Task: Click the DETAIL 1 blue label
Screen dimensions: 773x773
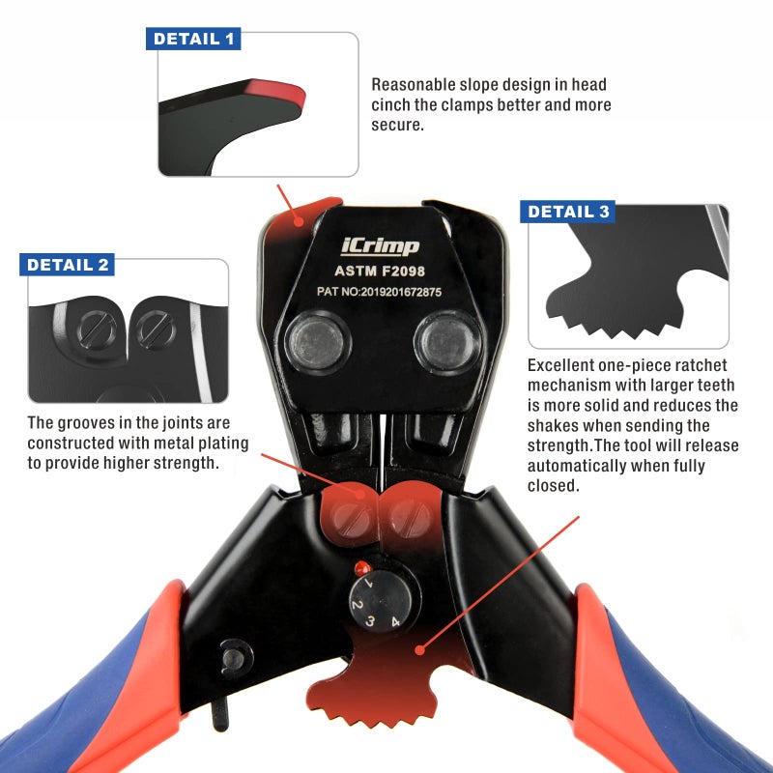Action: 193,39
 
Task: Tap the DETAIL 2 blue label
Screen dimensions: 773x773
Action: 67,265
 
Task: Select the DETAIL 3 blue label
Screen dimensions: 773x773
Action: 567,212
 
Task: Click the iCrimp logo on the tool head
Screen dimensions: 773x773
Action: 380,246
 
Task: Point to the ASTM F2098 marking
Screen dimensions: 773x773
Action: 380,272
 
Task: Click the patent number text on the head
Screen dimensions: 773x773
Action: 379,292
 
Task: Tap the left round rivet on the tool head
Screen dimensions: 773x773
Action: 316,342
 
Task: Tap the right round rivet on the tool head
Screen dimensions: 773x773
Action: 447,342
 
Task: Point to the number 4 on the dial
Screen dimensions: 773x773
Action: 395,621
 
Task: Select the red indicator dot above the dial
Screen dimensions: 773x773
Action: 362,568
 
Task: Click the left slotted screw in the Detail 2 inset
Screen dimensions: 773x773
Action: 98,329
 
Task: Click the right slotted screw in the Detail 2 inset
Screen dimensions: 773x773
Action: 156,329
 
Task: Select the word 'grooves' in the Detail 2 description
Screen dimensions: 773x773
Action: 95,423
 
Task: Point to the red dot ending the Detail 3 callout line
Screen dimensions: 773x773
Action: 420,650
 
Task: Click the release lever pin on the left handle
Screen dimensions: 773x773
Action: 233,659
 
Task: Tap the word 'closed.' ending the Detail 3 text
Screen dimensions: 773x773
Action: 553,486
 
